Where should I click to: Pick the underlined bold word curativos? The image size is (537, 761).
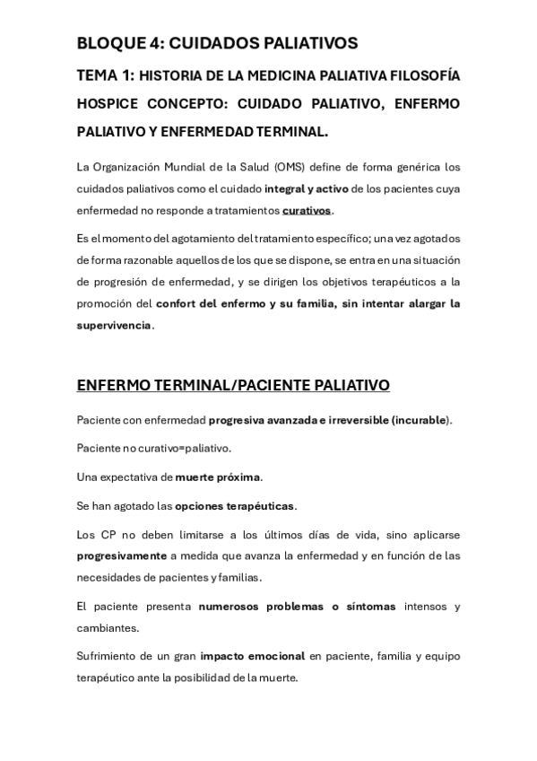(x=307, y=210)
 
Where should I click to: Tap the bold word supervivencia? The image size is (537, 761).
(x=114, y=325)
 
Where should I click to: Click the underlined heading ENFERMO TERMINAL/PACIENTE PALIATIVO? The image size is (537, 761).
(x=233, y=386)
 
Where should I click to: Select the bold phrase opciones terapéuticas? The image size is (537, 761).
(x=235, y=506)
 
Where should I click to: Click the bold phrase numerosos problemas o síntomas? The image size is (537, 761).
(x=297, y=607)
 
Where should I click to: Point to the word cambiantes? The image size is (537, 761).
(x=108, y=628)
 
